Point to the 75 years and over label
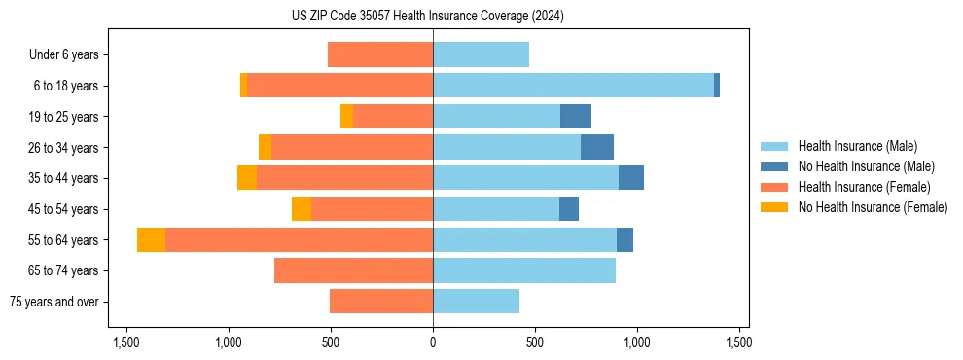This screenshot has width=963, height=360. [53, 302]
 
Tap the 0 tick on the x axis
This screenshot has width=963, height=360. [433, 342]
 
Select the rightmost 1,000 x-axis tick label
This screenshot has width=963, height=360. [637, 342]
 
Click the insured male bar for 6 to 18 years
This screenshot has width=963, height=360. [573, 86]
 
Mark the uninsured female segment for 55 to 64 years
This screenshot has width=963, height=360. [151, 240]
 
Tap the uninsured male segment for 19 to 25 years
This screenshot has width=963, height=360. [576, 117]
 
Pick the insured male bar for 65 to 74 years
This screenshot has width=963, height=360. [524, 270]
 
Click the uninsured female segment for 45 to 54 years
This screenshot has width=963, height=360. [302, 209]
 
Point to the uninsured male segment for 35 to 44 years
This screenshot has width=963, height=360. [631, 178]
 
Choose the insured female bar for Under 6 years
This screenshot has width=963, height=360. [380, 55]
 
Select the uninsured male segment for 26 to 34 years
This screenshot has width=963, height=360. [597, 148]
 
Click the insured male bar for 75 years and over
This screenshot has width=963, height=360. [476, 302]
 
